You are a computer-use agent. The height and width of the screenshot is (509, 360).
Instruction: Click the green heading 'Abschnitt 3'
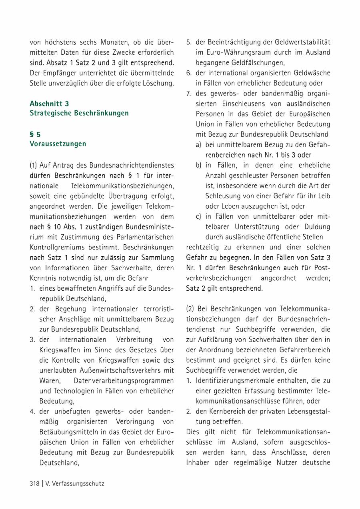tap(49, 104)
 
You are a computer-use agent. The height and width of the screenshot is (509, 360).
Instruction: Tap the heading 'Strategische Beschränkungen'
tap(79, 113)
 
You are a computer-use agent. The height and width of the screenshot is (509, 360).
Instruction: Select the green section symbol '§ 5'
tap(35, 134)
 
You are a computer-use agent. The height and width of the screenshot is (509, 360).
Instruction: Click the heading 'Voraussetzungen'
tap(58, 144)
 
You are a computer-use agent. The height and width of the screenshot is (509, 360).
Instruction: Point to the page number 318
tap(34, 483)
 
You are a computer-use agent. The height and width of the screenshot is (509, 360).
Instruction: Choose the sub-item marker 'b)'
tap(198, 165)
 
